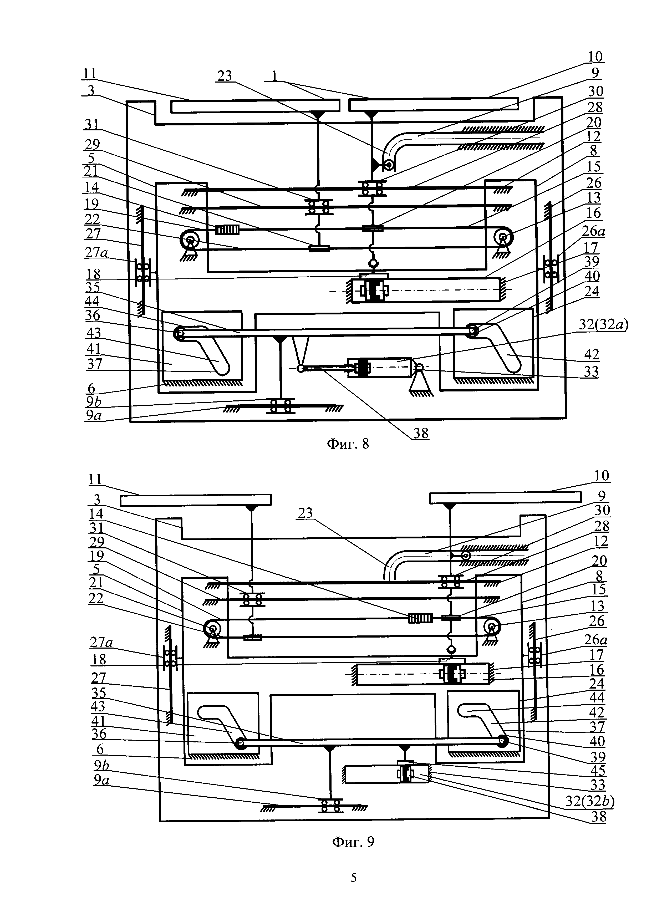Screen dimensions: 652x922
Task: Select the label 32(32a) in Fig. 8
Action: coord(603,324)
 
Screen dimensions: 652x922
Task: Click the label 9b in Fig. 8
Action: coord(94,401)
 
